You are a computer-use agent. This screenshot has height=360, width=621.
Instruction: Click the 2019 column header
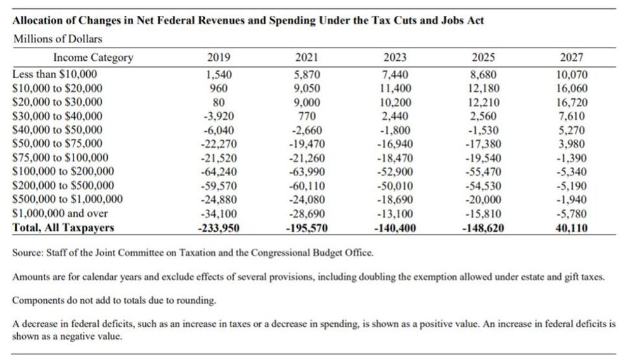(x=219, y=58)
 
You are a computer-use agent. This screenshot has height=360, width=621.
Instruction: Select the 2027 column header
(x=572, y=58)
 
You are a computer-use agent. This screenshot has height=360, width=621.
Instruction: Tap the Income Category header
(x=93, y=58)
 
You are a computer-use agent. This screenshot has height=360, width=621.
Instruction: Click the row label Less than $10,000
(x=54, y=74)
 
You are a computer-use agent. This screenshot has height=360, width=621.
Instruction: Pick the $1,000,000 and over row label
(x=60, y=213)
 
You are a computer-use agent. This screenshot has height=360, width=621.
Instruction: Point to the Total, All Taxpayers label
(x=63, y=228)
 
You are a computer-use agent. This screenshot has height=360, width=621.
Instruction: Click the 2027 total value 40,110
(x=572, y=228)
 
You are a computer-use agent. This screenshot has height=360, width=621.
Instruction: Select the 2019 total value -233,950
(x=219, y=228)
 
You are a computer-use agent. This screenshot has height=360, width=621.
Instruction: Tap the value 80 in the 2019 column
(x=219, y=103)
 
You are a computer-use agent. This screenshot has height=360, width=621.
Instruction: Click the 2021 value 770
(x=307, y=117)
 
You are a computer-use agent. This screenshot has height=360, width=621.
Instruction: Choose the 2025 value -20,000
(x=483, y=200)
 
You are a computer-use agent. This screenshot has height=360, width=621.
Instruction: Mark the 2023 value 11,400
(x=395, y=88)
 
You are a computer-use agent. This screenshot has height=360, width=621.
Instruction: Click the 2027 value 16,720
(x=572, y=103)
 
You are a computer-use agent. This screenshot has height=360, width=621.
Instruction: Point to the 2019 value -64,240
(x=219, y=172)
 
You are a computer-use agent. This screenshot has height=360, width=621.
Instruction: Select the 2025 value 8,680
(x=483, y=74)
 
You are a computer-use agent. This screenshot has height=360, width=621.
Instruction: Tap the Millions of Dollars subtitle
(x=58, y=39)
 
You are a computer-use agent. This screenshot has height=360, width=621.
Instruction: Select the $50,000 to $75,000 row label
(x=57, y=143)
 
